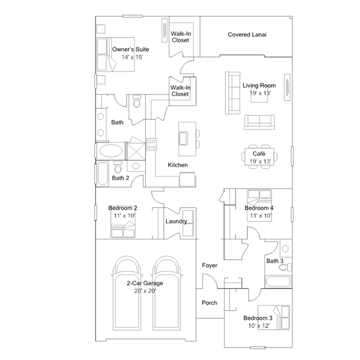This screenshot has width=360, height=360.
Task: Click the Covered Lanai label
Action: [247, 35]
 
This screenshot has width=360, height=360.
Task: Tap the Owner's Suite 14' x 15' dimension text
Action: [132, 57]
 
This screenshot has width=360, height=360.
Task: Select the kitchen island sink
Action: [183, 139]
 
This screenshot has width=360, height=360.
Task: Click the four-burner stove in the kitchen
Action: [152, 144]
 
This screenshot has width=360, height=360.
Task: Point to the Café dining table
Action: [260, 157]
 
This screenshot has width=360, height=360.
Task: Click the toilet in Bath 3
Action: [285, 267]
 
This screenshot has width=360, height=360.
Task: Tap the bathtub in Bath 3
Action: [278, 282]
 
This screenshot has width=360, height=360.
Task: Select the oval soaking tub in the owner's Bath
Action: [111, 151]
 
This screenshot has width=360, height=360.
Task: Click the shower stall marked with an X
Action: [136, 152]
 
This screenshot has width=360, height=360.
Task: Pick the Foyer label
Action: [210, 265]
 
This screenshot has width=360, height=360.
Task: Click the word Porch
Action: [210, 303]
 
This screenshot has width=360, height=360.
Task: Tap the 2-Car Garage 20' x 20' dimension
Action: [145, 291]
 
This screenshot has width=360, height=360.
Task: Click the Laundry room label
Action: [176, 221]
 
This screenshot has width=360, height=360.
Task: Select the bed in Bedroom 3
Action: [274, 318]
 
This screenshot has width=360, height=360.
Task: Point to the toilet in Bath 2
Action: [118, 167]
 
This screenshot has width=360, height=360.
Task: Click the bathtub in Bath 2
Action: [103, 174]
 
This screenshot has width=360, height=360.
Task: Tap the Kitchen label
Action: [177, 165]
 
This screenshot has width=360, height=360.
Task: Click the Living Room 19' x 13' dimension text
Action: [260, 93]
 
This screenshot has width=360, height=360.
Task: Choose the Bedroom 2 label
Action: [123, 208]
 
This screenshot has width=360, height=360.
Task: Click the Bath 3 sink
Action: [286, 248]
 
